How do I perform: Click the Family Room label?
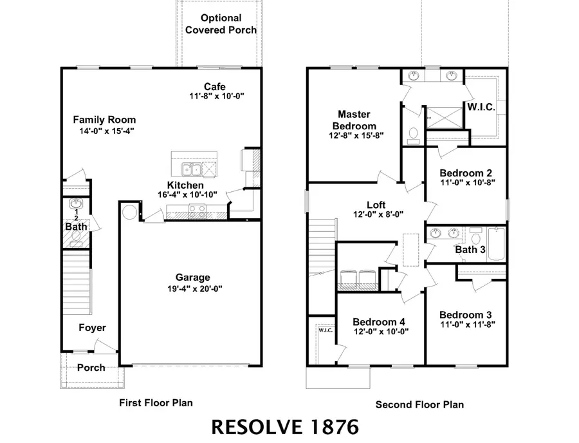(x=104, y=120)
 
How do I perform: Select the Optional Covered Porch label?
(x=221, y=24)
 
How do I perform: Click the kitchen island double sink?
(x=191, y=169)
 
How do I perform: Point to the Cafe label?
(x=214, y=86)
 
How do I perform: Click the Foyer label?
(x=92, y=328)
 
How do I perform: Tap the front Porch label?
(x=91, y=368)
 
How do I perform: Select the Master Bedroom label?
(x=354, y=120)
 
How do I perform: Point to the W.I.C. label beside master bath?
(x=481, y=108)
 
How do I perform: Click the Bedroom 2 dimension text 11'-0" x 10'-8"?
(x=466, y=183)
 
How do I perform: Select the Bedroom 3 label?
(x=466, y=314)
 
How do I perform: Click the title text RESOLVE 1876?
(x=285, y=426)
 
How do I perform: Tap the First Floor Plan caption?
(x=156, y=402)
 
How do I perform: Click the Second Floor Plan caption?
(x=419, y=404)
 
